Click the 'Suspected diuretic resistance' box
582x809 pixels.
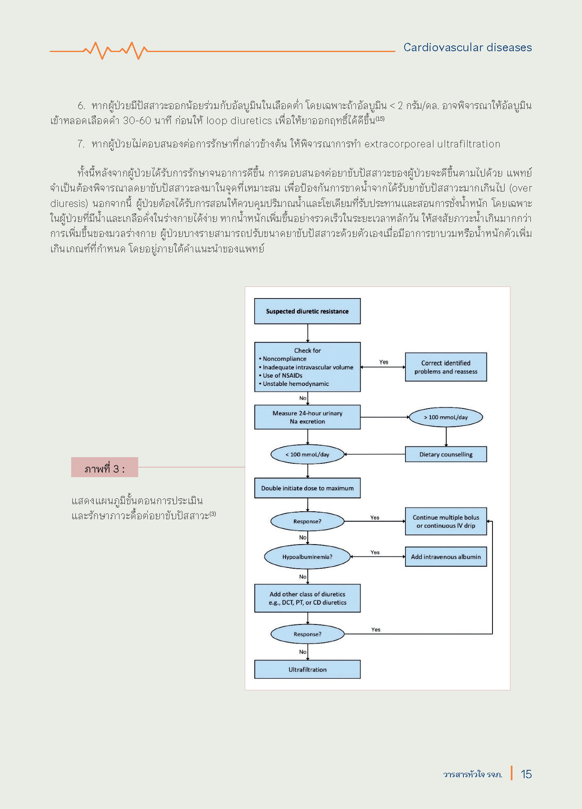pyautogui.click(x=307, y=311)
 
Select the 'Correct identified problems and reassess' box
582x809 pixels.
pyautogui.click(x=445, y=367)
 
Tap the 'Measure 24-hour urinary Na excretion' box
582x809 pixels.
pyautogui.click(x=307, y=417)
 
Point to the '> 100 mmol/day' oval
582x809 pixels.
pyautogui.click(x=445, y=417)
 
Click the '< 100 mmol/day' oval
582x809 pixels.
pyautogui.click(x=307, y=454)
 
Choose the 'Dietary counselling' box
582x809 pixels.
pyautogui.click(x=445, y=454)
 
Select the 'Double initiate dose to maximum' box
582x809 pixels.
pyautogui.click(x=307, y=488)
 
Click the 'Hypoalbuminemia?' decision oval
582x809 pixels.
pyautogui.click(x=307, y=557)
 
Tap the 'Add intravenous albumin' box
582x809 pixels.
pyautogui.click(x=445, y=557)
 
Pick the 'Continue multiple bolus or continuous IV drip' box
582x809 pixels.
pyautogui.click(x=445, y=521)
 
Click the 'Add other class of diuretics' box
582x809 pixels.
pyautogui.click(x=307, y=598)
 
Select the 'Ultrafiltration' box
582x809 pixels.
pyautogui.click(x=307, y=670)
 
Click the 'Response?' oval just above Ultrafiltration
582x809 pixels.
pyautogui.click(x=307, y=634)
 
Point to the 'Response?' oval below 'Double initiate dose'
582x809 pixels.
pyautogui.click(x=307, y=521)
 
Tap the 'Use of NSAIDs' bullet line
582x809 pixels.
pyautogui.click(x=282, y=376)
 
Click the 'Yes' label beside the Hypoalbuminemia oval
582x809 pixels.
pyautogui.click(x=375, y=553)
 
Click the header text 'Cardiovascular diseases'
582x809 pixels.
pyautogui.click(x=468, y=47)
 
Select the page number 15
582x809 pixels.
pyautogui.click(x=526, y=774)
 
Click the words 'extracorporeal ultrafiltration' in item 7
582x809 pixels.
pyautogui.click(x=432, y=144)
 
